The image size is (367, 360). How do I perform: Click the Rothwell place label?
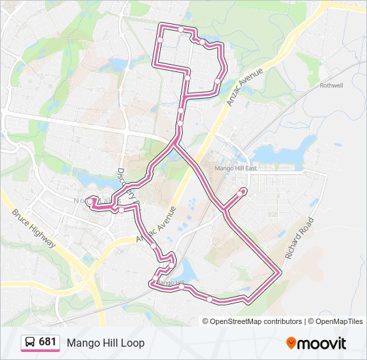tap(331, 86)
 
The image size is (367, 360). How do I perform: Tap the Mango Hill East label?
tap(236, 169)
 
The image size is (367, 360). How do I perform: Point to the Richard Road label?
tap(298, 238)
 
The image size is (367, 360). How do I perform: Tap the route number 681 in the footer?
tap(47, 342)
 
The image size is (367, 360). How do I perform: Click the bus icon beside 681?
tap(30, 343)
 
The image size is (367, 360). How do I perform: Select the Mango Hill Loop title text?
tap(105, 343)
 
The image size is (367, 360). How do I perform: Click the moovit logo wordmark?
tap(322, 343)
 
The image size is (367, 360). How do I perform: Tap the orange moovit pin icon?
tap(292, 343)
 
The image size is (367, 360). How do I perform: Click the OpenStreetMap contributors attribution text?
tap(256, 321)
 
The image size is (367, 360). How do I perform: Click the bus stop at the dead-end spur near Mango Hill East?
tap(242, 192)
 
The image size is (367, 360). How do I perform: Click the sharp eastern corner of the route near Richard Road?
tap(280, 272)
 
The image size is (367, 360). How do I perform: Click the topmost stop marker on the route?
tap(181, 29)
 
